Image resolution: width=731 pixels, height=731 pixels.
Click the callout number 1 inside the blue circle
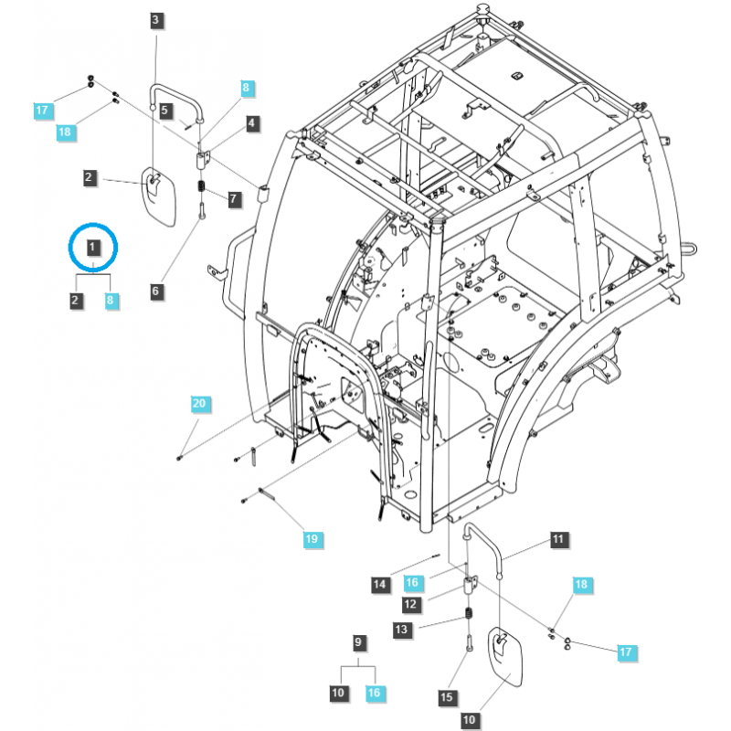pos(93,247)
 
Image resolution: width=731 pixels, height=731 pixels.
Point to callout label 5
pos(165,111)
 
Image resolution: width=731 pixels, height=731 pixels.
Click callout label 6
pos(155,291)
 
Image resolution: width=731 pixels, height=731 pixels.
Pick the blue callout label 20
pos(199,403)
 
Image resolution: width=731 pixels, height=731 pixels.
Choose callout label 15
pos(446,697)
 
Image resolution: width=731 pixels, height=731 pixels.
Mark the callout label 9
pos(358,642)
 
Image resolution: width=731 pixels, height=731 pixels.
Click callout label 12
pos(410,604)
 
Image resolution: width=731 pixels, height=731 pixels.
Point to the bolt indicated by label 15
pos(468,642)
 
